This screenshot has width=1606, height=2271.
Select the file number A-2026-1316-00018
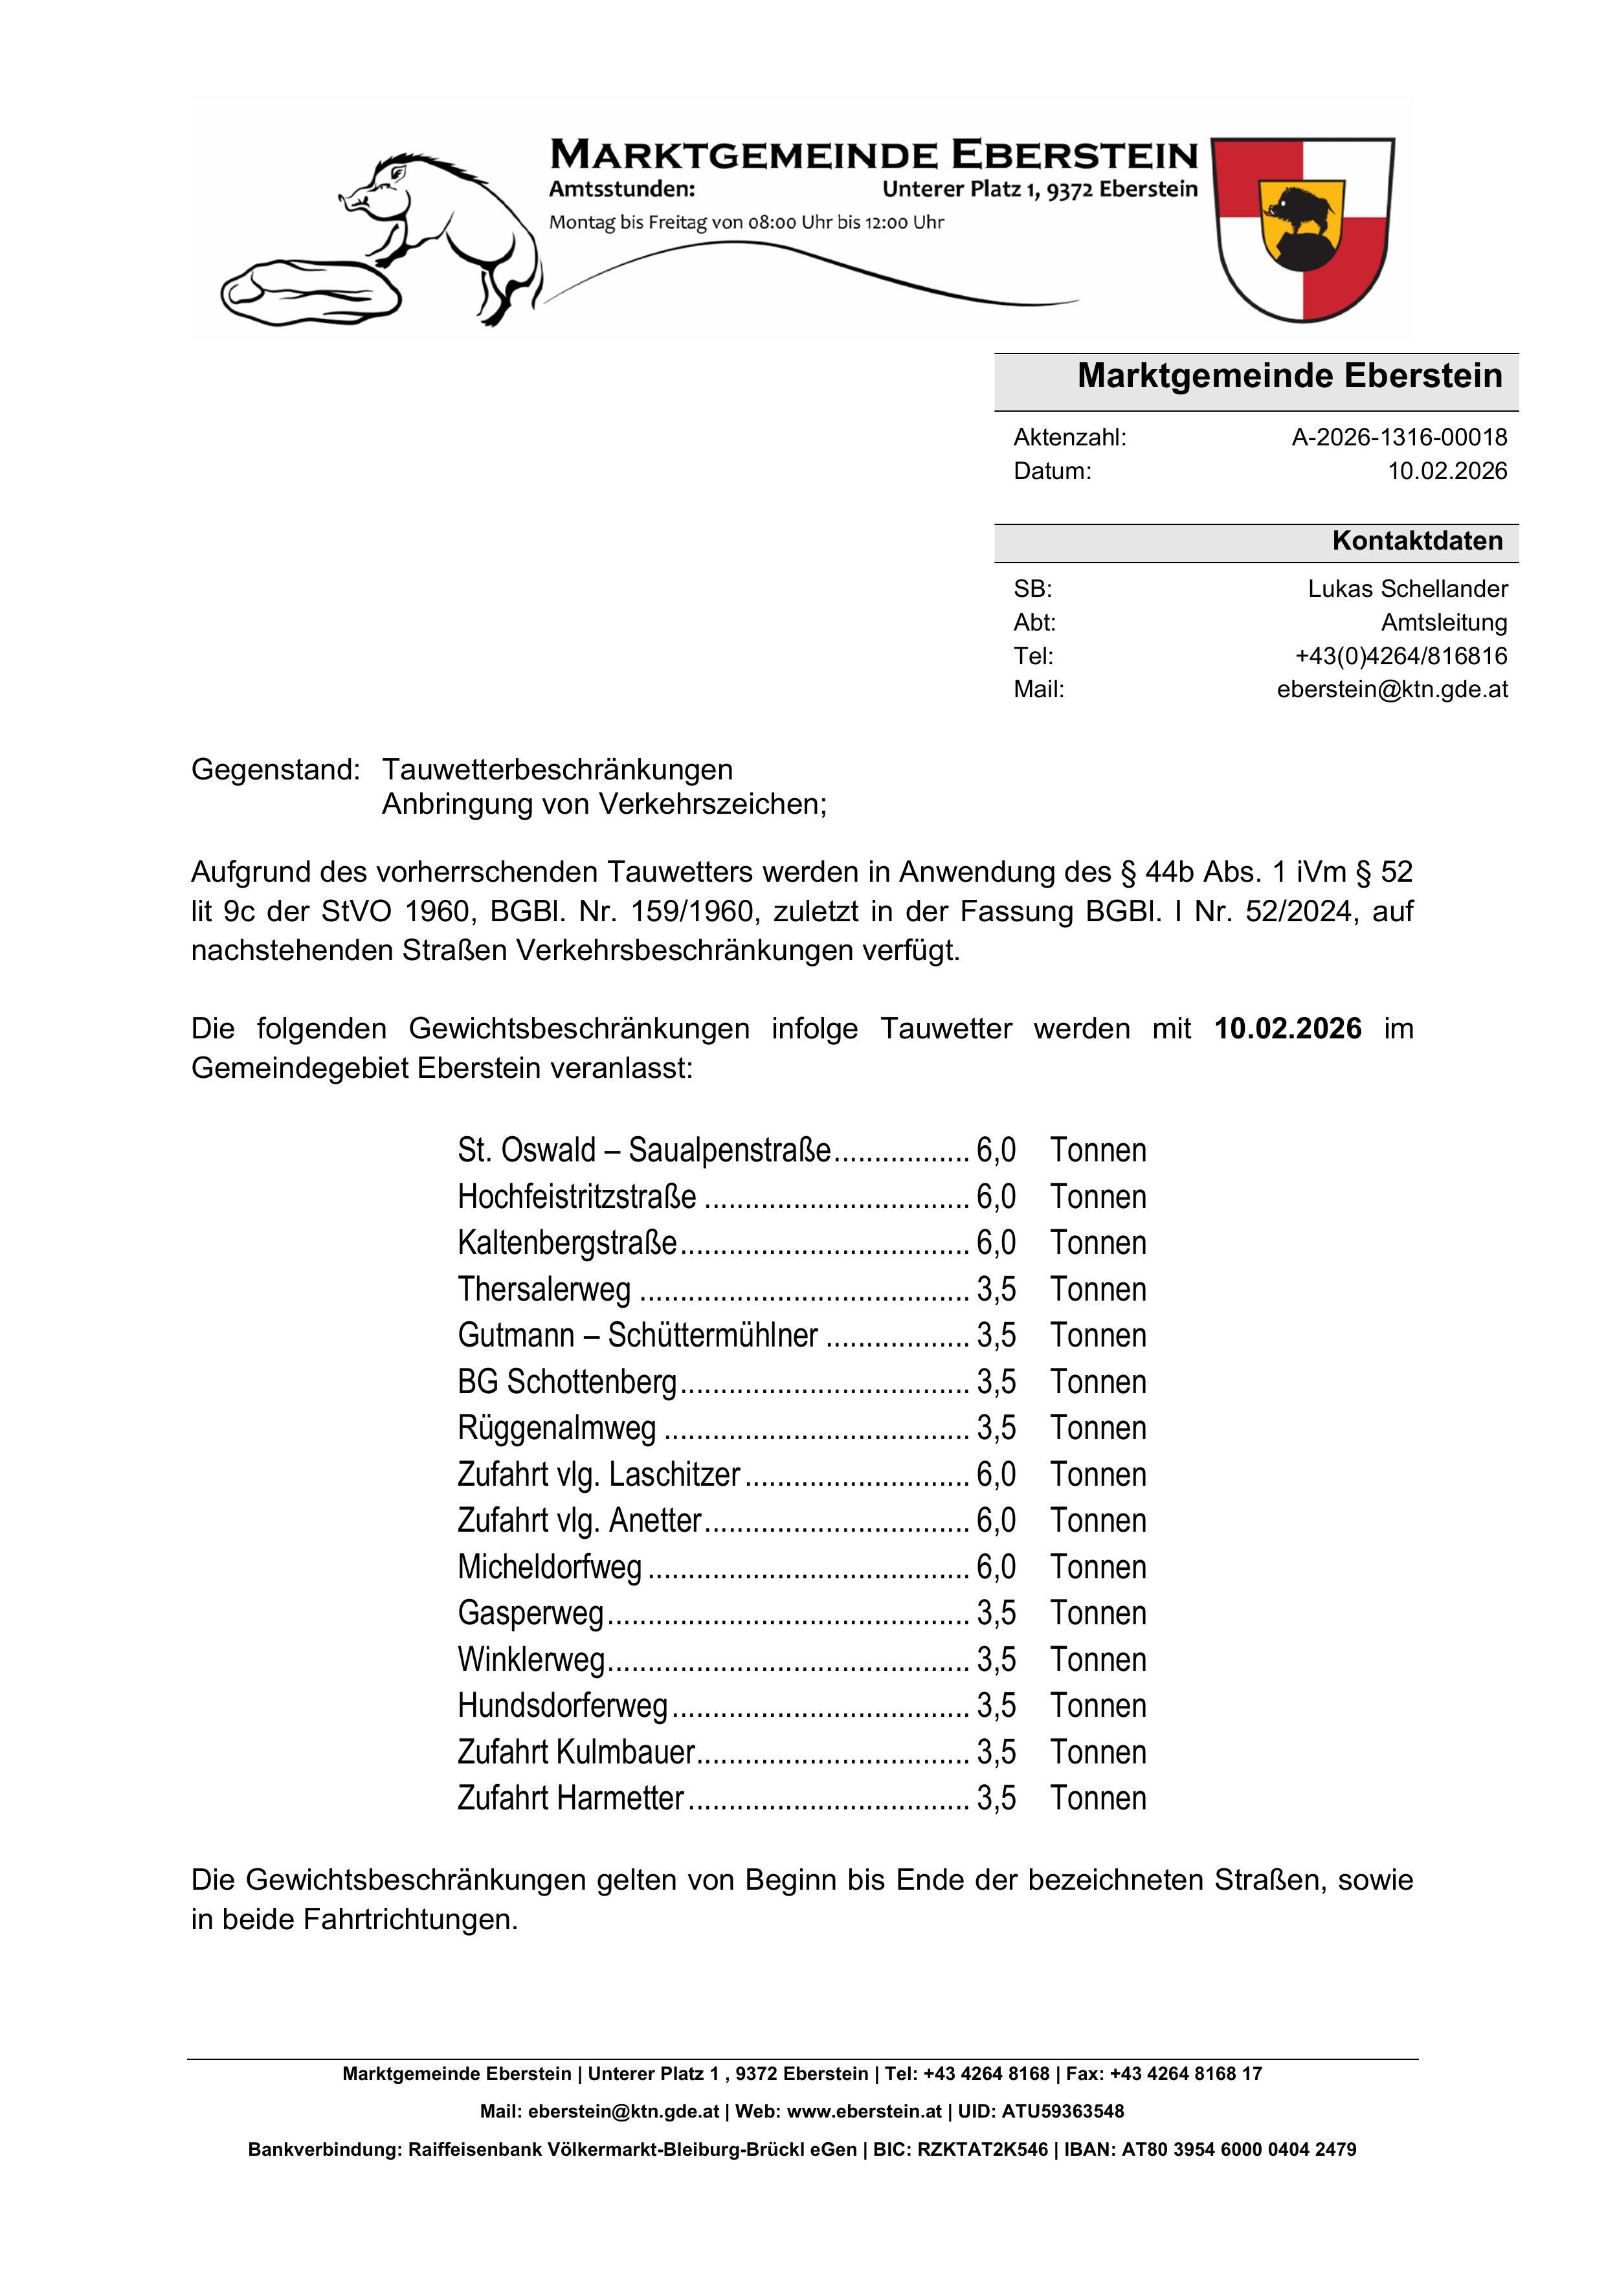tap(1398, 437)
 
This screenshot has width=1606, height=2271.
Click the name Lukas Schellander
tap(1407, 588)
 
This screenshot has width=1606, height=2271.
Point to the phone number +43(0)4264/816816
tap(1400, 656)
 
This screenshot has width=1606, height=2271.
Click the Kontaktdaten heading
tap(1416, 541)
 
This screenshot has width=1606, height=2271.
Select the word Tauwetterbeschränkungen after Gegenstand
tap(558, 770)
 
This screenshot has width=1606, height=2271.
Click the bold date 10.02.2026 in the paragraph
tap(1288, 1029)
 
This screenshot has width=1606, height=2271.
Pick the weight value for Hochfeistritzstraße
tap(996, 1197)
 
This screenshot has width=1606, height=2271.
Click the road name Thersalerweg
tap(544, 1290)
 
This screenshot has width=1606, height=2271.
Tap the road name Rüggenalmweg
tap(557, 1428)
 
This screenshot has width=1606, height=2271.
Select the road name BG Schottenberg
tap(566, 1382)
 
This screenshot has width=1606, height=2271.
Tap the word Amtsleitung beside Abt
tap(1444, 622)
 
